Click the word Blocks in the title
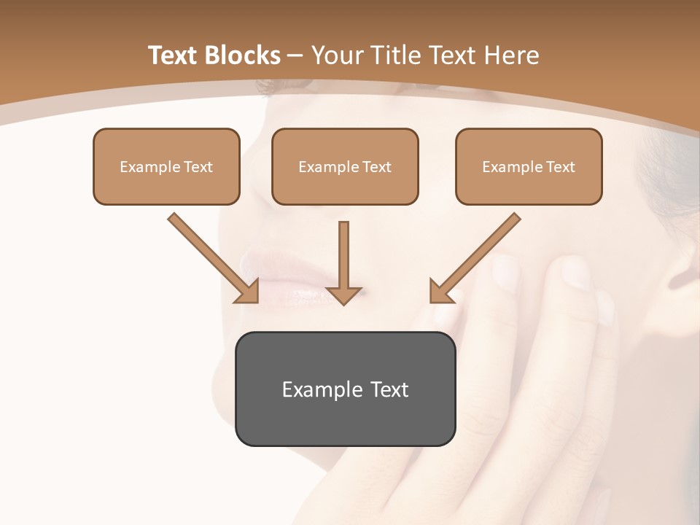(244, 55)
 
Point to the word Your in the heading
(338, 55)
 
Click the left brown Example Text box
(166, 167)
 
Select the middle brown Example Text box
(345, 167)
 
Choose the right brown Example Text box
(529, 167)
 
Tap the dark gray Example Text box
(345, 389)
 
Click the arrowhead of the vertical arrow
(343, 295)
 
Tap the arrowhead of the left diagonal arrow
(248, 291)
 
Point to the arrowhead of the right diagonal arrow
(440, 292)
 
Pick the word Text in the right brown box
(560, 167)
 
